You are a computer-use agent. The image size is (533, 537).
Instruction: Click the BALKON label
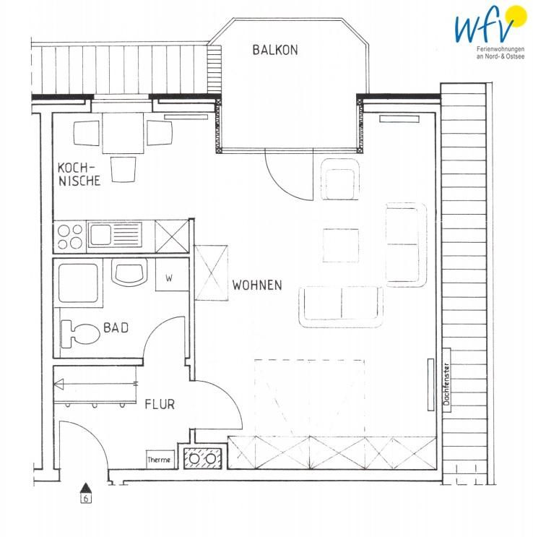coord(275,50)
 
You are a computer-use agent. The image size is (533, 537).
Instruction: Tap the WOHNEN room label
coord(257,285)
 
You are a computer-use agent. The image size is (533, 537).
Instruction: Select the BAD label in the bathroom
coord(116,327)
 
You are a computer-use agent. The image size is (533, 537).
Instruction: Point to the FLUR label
coord(160,404)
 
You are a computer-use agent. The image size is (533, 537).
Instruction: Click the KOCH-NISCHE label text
coord(79,174)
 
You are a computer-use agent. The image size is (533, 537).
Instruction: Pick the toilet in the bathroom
coord(79,334)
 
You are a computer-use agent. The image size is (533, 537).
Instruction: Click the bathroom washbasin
coord(130,272)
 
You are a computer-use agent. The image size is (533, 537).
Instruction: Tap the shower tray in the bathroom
coord(79,283)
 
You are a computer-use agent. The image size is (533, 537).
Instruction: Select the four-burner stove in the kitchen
coord(70,236)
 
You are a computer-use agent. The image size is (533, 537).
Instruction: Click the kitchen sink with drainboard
coord(115,235)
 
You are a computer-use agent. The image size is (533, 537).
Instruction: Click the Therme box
coord(159,460)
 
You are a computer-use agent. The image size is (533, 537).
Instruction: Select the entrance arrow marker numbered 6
coord(86,493)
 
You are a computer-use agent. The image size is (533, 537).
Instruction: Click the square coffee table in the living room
coord(341,245)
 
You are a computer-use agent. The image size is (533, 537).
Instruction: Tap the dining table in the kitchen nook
coord(123,133)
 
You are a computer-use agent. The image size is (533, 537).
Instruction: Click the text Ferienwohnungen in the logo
coord(500,50)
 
